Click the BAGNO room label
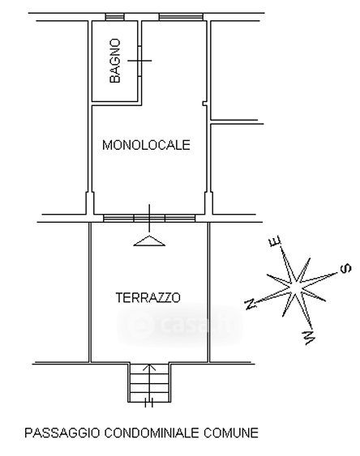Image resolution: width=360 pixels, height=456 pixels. (115, 61)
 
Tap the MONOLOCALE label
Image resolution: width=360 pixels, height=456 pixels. (146, 145)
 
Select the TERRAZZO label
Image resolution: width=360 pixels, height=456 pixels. (148, 297)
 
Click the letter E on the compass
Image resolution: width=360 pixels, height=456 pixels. (275, 241)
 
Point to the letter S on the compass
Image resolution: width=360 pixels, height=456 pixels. (345, 268)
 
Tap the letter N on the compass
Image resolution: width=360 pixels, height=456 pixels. (251, 305)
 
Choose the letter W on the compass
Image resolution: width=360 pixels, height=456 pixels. (310, 338)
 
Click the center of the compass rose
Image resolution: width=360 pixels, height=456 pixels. (296, 286)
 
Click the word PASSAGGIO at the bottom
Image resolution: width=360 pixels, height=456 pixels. (62, 433)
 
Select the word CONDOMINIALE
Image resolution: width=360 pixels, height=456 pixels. (152, 433)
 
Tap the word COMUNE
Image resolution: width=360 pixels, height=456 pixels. (231, 433)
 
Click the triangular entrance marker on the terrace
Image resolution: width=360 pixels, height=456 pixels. (149, 241)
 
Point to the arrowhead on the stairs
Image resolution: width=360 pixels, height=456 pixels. (149, 367)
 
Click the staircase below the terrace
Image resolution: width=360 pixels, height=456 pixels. (149, 382)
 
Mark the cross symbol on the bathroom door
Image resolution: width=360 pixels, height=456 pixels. (139, 61)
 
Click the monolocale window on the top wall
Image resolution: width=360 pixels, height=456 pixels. (181, 17)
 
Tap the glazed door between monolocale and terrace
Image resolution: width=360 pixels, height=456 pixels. (149, 218)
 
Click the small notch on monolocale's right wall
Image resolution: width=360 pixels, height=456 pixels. (204, 104)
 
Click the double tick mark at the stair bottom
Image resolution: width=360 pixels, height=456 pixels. (149, 403)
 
